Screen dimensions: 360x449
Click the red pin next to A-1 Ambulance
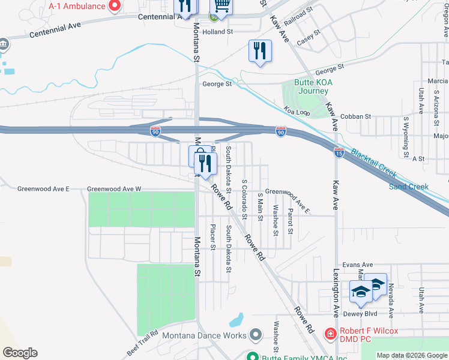[x=115, y=5]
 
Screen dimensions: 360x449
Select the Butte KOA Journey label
[x=312, y=87]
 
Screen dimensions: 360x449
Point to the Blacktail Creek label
[x=373, y=163]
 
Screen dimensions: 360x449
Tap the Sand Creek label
[x=409, y=187]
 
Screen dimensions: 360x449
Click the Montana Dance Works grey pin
[x=256, y=334]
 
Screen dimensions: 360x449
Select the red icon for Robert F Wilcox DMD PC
[x=330, y=332]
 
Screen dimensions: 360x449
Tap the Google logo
[x=20, y=353]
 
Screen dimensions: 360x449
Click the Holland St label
[x=217, y=32]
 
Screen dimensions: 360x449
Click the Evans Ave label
[x=358, y=265]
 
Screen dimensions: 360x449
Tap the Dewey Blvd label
[x=360, y=314]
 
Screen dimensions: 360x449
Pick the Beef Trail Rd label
[x=142, y=342]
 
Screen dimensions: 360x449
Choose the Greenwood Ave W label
[x=114, y=189]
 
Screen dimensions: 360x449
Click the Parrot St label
[x=290, y=221]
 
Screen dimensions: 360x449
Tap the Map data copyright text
[x=412, y=355]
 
